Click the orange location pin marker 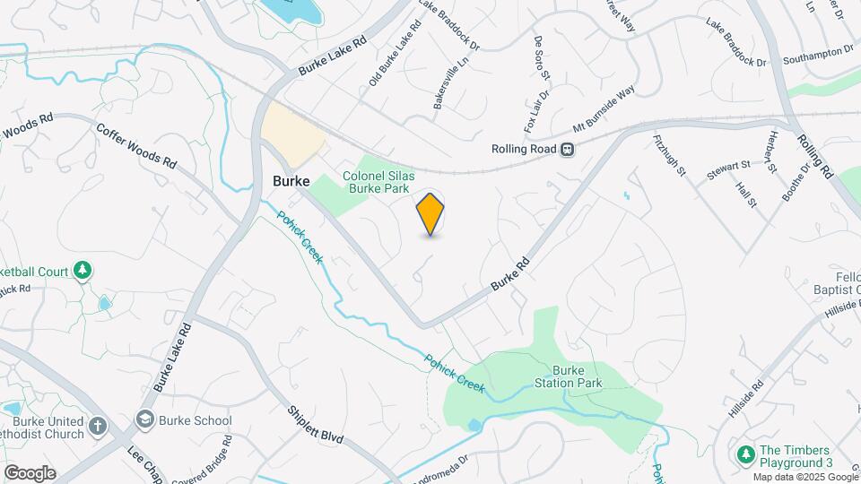click(430, 213)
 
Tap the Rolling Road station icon click(568, 150)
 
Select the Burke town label click(291, 180)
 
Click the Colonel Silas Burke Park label click(376, 182)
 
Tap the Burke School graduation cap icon click(144, 419)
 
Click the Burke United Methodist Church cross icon click(98, 426)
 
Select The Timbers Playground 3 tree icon click(744, 455)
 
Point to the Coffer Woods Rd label click(136, 146)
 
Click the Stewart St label click(727, 170)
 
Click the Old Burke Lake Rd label click(395, 56)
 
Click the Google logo click(30, 472)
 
